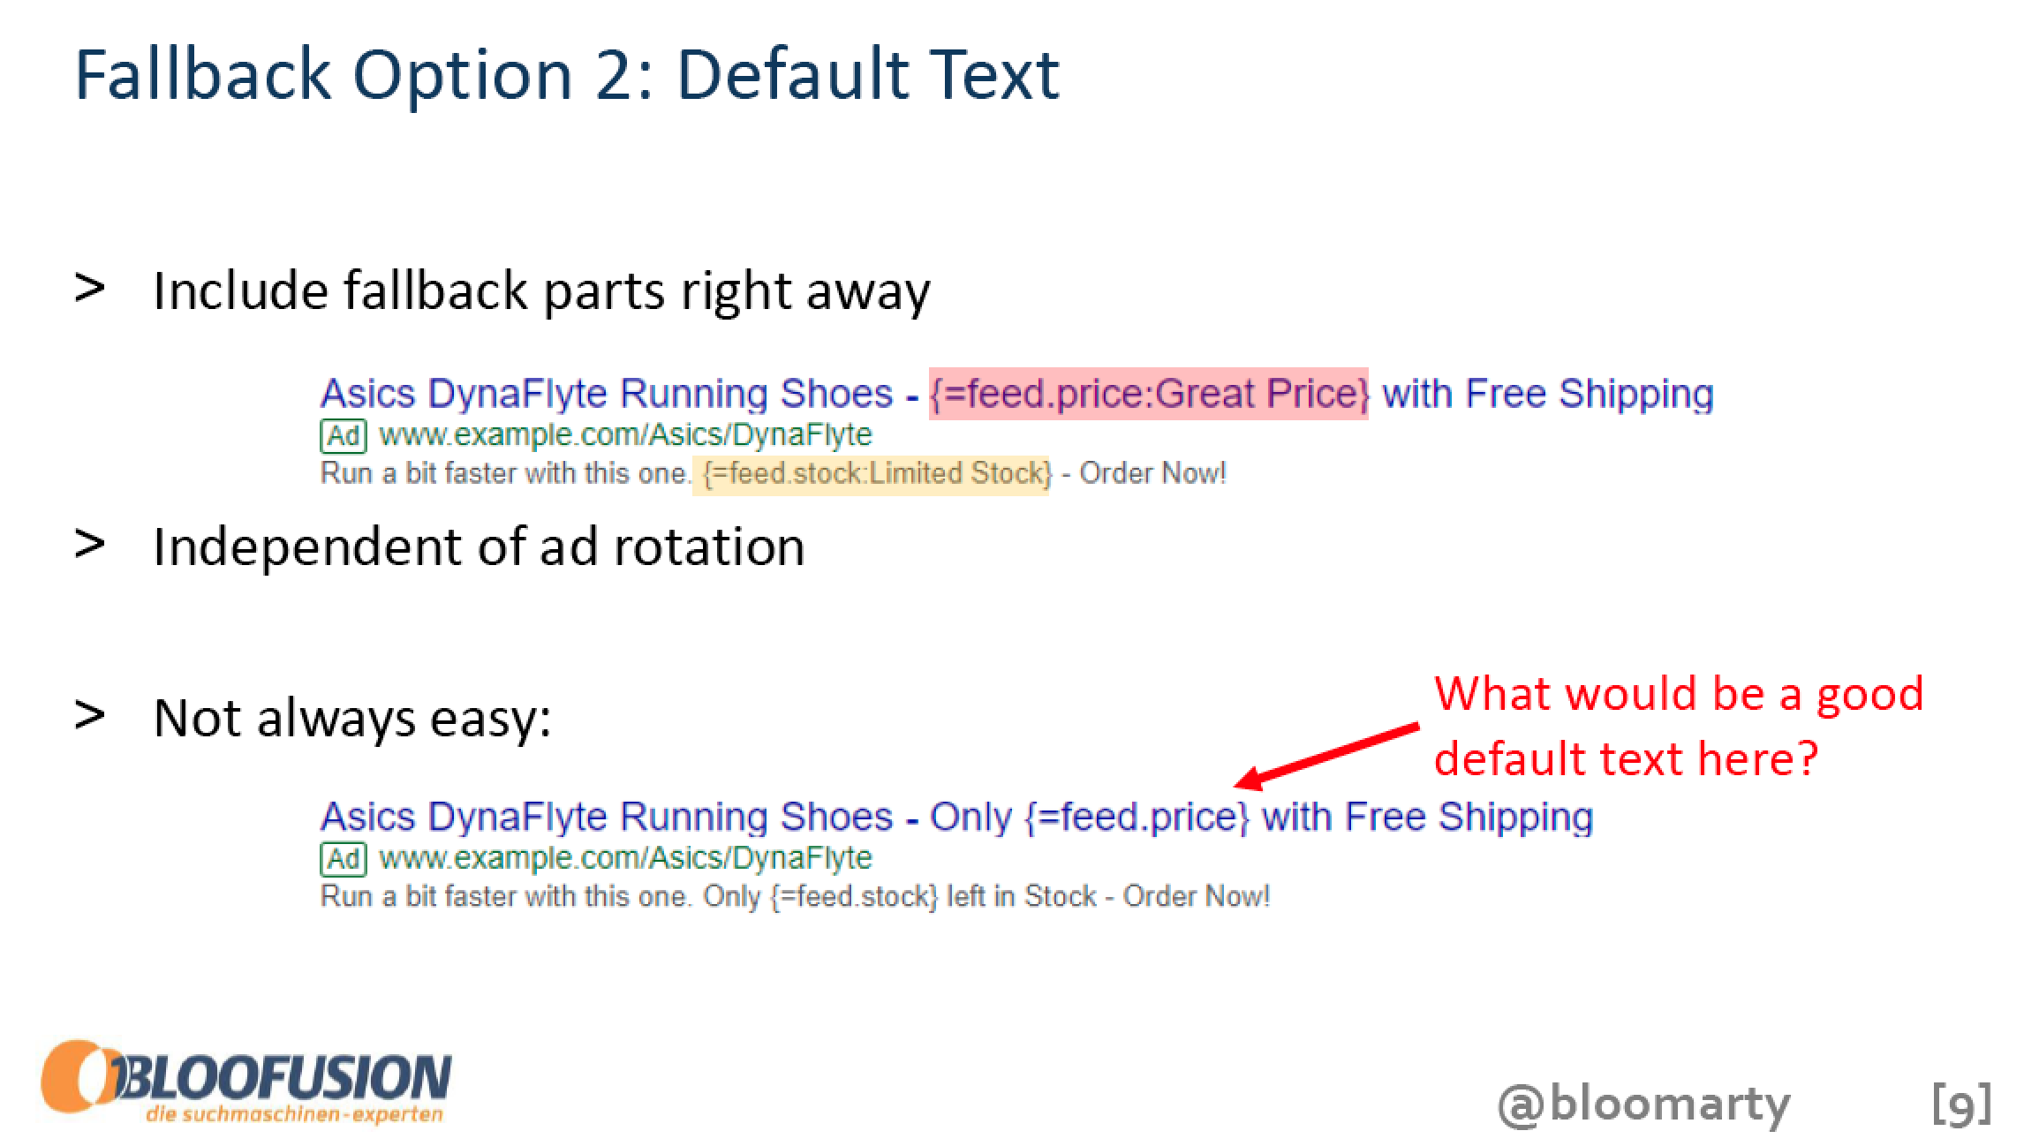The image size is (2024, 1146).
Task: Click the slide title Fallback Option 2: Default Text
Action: [x=567, y=75]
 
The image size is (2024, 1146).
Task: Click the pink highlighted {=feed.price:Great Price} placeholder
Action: [x=1149, y=394]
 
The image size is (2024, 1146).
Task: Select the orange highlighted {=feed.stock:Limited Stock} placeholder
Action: [x=872, y=474]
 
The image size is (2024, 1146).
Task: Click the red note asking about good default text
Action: [x=1678, y=726]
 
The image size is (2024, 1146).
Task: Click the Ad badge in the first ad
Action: [x=343, y=435]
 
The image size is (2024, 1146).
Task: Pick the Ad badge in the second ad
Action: [x=343, y=858]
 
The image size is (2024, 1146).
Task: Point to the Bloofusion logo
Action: [x=246, y=1083]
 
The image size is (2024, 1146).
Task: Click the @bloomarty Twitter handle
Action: [x=1644, y=1104]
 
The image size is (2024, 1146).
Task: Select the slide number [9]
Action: [x=1961, y=1104]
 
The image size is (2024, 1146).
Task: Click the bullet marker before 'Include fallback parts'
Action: [x=90, y=289]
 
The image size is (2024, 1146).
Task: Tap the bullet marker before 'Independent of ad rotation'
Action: [x=90, y=544]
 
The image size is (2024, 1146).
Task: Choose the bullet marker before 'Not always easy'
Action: [x=90, y=715]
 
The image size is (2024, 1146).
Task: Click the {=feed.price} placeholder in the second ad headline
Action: [x=1137, y=817]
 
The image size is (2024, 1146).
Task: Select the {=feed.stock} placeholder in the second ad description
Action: [x=853, y=897]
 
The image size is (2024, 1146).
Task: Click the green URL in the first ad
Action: [x=625, y=435]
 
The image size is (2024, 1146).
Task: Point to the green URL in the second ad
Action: [x=625, y=858]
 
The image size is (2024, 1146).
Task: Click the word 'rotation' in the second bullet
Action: [x=709, y=547]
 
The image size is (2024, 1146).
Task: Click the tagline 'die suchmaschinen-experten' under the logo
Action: [x=295, y=1114]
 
